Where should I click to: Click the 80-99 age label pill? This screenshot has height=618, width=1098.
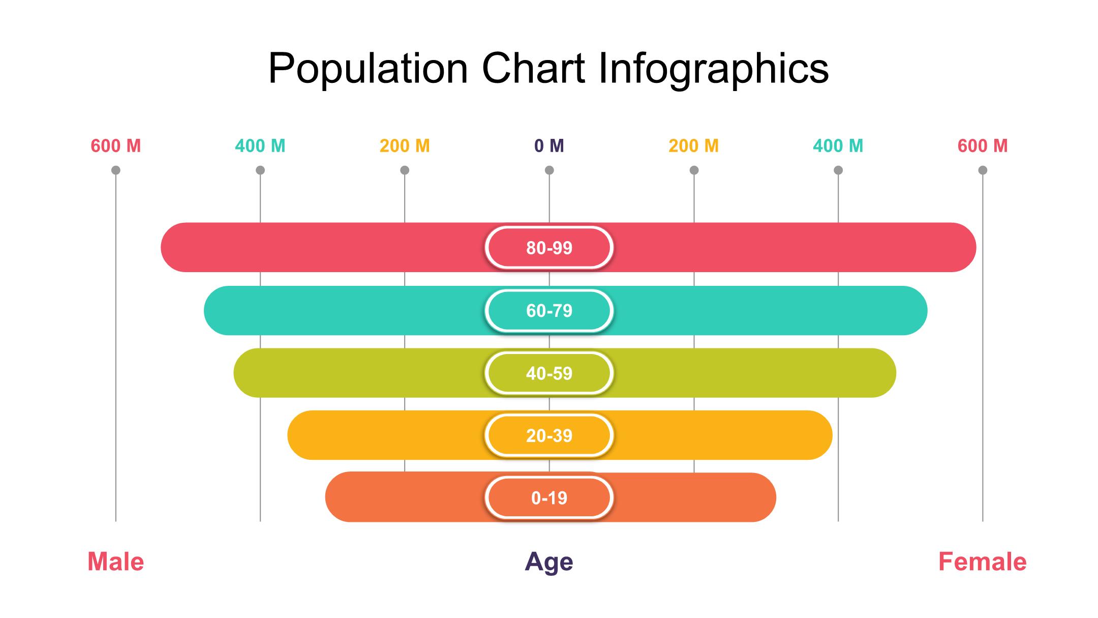549,248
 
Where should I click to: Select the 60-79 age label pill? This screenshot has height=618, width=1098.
549,311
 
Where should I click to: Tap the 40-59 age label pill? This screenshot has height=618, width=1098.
549,373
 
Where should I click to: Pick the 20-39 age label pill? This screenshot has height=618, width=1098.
549,436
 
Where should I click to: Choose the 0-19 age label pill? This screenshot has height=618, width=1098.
549,498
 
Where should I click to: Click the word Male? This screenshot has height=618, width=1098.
116,562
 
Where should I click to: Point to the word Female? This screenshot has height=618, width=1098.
982,562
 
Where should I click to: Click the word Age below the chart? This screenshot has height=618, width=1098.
549,562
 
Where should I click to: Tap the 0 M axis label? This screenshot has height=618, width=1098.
549,146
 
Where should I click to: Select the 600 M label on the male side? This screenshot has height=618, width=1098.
116,146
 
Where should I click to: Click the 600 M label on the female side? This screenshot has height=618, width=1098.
983,146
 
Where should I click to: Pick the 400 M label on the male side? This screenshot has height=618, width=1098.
260,146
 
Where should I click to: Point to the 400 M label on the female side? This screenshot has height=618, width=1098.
838,146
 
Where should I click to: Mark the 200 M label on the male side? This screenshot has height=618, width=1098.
405,146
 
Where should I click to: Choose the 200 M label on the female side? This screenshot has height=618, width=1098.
694,146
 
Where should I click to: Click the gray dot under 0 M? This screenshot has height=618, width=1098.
549,170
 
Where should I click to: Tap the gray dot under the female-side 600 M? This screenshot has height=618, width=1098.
983,170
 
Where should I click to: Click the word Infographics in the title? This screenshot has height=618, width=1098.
714,69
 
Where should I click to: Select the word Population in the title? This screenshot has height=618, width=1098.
368,69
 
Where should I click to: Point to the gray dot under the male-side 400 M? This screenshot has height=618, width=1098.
260,170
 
